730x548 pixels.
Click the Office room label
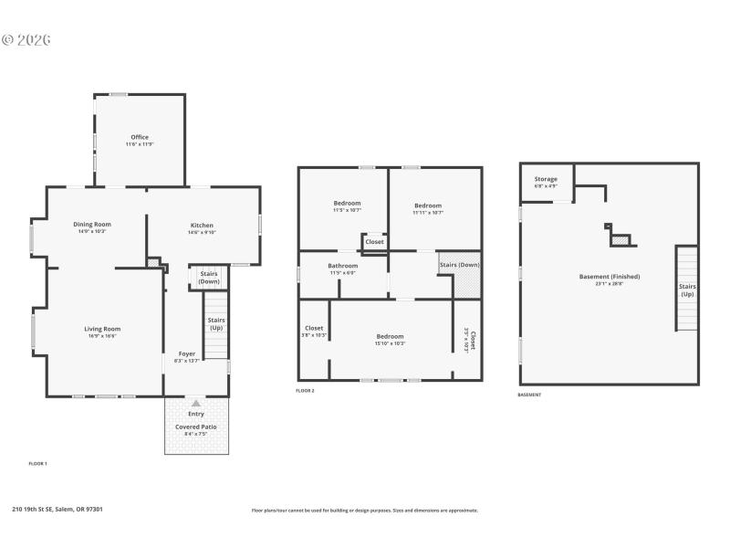(140, 138)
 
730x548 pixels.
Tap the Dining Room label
(92, 225)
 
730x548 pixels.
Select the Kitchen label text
(202, 226)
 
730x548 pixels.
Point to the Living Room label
(102, 329)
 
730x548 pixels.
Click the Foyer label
(186, 353)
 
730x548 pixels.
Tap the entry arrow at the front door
(196, 402)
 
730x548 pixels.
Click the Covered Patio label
(196, 427)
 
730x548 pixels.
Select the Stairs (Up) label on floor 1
(216, 323)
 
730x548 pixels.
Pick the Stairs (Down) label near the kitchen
(209, 277)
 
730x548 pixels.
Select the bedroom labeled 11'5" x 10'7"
(347, 203)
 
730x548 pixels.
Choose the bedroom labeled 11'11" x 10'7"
(427, 205)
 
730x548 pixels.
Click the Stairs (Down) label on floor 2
(459, 266)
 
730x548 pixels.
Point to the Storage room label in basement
(546, 179)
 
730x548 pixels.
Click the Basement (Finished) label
(610, 277)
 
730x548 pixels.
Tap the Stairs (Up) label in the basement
(686, 290)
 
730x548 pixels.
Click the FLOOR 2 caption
(305, 391)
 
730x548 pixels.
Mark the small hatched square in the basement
(620, 240)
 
